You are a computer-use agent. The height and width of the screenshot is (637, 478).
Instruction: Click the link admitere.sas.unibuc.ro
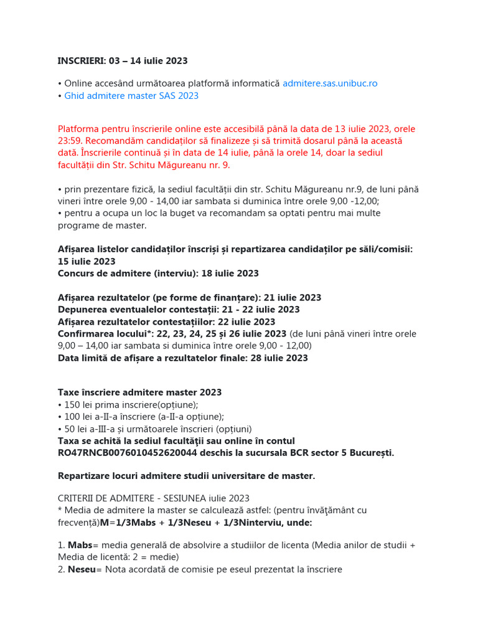330,83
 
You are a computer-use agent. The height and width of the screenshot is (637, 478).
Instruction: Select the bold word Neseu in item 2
82,569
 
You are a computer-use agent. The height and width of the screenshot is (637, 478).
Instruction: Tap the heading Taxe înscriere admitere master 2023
139,393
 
